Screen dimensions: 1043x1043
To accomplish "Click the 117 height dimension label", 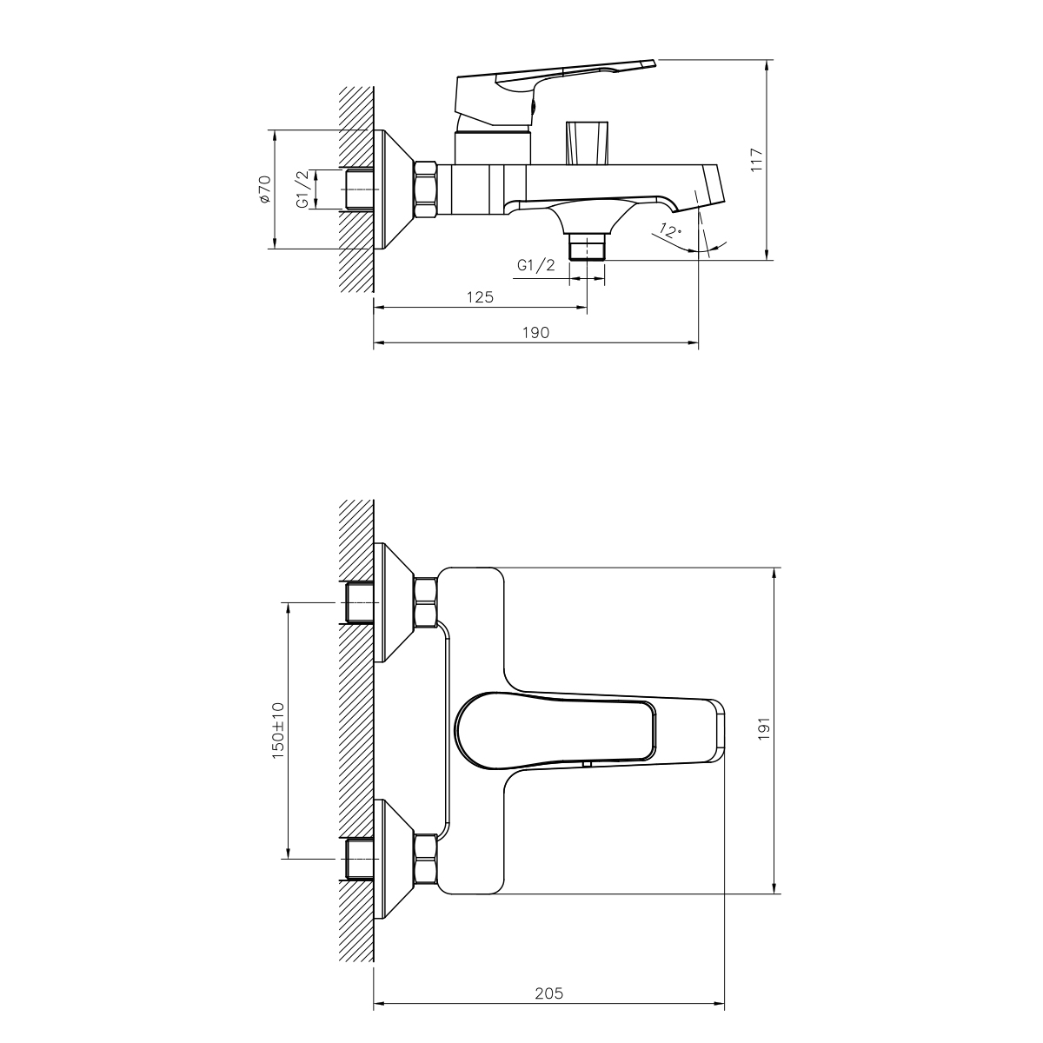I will click(756, 159).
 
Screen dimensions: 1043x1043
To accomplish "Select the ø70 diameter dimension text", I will click(265, 189).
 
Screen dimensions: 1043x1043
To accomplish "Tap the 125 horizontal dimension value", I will click(480, 297).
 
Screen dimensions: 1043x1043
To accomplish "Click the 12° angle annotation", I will click(670, 231).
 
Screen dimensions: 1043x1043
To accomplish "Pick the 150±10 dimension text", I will click(278, 730).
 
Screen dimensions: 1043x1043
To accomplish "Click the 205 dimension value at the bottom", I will click(549, 993).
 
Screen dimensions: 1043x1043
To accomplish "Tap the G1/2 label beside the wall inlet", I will click(303, 189).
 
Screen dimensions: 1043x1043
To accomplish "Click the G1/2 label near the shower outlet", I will click(535, 266).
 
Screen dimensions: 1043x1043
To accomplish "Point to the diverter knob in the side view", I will click(588, 142).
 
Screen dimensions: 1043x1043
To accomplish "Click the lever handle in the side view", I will click(556, 83).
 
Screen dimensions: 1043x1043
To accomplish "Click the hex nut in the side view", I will click(426, 189).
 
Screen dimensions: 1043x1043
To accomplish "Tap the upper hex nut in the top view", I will click(426, 601).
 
